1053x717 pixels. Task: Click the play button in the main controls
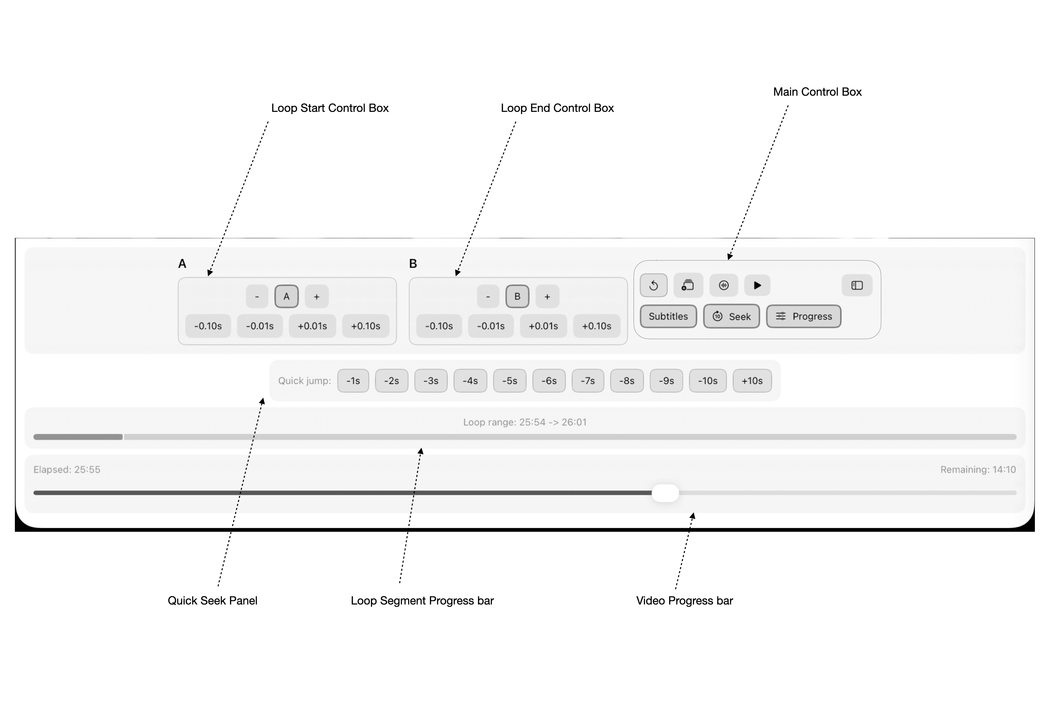pyautogui.click(x=757, y=285)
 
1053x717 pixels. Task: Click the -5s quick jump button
pyautogui.click(x=509, y=381)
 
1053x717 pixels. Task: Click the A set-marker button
pyautogui.click(x=286, y=297)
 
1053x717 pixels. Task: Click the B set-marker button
pyautogui.click(x=517, y=297)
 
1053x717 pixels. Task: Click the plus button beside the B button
pyautogui.click(x=547, y=297)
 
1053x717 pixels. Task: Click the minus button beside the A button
pyautogui.click(x=257, y=297)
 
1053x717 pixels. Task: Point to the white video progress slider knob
pyautogui.click(x=665, y=493)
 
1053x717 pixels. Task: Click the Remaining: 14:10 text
pyautogui.click(x=978, y=470)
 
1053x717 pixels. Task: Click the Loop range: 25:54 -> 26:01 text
pyautogui.click(x=525, y=422)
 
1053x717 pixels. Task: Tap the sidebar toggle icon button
pyautogui.click(x=857, y=285)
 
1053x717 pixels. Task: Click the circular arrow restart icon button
pyautogui.click(x=653, y=285)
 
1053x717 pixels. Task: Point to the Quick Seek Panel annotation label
pyautogui.click(x=212, y=601)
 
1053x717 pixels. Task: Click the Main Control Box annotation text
pyautogui.click(x=817, y=92)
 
